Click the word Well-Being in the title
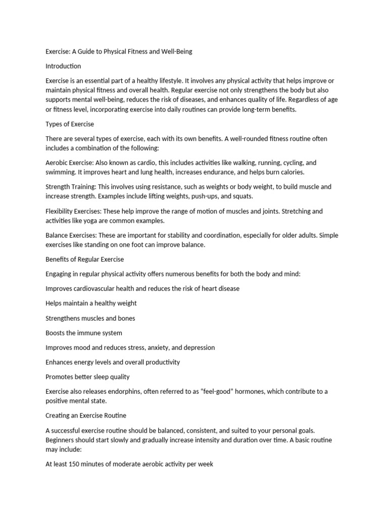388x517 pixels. (175, 51)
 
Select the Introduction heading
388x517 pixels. (63, 66)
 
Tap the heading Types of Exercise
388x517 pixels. (70, 124)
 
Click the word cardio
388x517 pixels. (145, 163)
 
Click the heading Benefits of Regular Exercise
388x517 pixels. (84, 260)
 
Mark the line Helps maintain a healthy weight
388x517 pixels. (91, 303)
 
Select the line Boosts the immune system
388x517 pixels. (84, 333)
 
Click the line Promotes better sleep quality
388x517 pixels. (87, 377)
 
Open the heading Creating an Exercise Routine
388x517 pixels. (86, 416)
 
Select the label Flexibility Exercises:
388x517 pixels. (75, 211)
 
